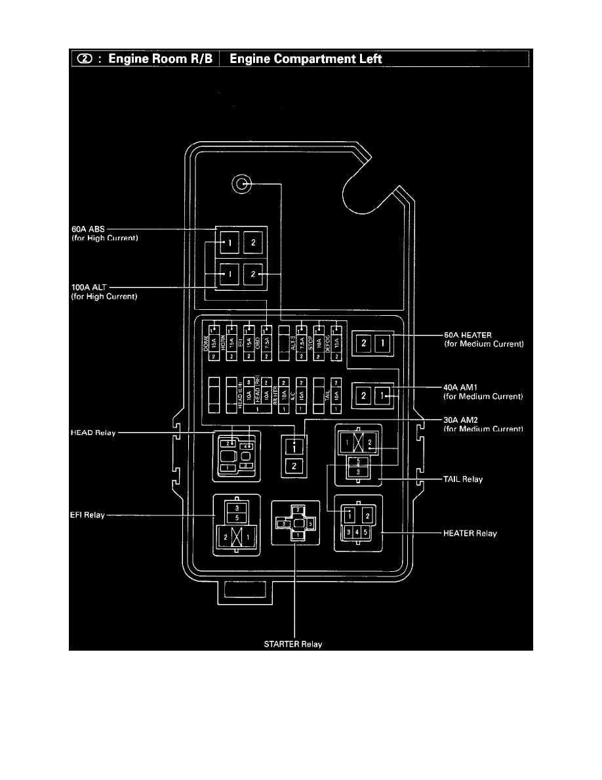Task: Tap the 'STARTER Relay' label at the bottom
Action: click(293, 644)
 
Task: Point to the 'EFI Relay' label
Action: click(87, 515)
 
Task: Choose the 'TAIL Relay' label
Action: click(463, 479)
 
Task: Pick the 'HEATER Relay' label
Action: click(470, 533)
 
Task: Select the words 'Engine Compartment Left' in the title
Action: click(306, 58)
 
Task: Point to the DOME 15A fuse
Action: click(213, 342)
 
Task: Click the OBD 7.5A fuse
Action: click(266, 342)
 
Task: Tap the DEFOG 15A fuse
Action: click(336, 342)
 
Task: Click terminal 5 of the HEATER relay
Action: click(365, 531)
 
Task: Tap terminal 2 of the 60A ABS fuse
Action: click(254, 243)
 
